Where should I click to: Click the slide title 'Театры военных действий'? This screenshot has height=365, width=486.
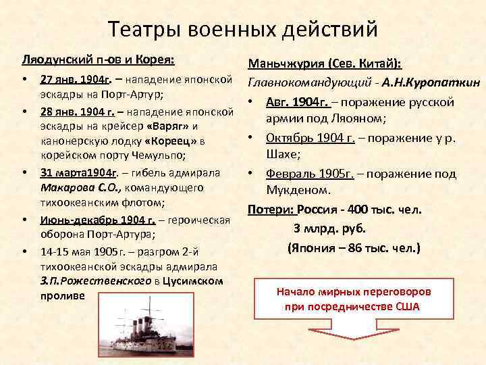(242, 29)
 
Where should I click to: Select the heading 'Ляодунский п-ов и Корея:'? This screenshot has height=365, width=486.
(99, 60)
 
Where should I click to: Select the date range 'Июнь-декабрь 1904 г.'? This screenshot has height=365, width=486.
(99, 219)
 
